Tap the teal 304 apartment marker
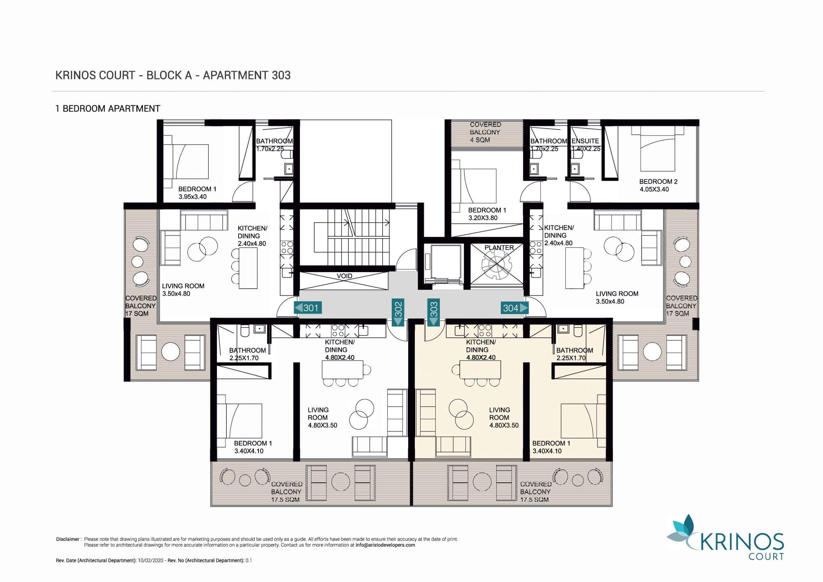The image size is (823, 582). (x=514, y=308)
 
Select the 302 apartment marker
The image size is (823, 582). (x=398, y=312)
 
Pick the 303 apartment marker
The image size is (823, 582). (x=434, y=312)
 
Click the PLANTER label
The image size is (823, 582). (x=499, y=248)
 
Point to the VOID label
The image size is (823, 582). (x=344, y=276)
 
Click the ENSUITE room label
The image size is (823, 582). (x=585, y=141)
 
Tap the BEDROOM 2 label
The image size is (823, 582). (x=658, y=182)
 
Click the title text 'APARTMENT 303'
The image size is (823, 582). (x=247, y=75)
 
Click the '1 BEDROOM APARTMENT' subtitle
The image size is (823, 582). (x=108, y=109)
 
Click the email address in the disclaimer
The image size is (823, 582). (x=385, y=545)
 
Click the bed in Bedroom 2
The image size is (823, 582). (x=658, y=149)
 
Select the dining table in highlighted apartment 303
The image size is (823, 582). (x=480, y=370)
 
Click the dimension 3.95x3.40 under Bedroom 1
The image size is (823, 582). (x=193, y=197)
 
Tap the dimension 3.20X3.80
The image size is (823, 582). (x=483, y=218)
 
